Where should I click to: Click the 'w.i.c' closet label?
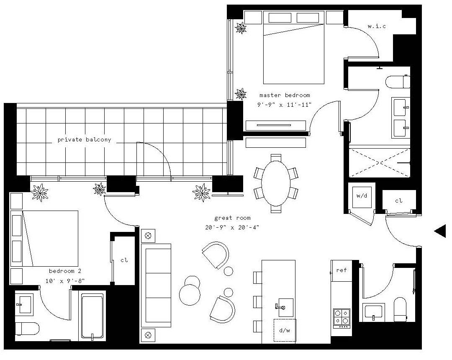coord(377,26)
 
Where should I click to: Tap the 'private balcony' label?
coord(84,140)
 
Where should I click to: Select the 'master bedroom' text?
coord(285,95)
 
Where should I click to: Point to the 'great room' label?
coord(232,218)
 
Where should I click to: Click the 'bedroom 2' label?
coord(65,271)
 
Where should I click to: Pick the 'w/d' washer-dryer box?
coord(362,197)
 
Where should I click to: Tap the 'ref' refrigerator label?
coord(342,270)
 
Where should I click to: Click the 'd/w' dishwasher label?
coord(285,330)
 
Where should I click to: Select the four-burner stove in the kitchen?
coord(342,318)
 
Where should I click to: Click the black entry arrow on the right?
coord(440,231)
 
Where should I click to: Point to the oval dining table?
coord(275,183)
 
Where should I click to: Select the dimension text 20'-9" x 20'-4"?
coord(232,227)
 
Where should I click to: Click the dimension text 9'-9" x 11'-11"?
coord(285,105)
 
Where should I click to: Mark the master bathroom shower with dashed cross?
coord(379,162)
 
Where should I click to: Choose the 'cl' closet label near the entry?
coord(399,201)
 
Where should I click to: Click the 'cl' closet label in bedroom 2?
coord(124,260)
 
